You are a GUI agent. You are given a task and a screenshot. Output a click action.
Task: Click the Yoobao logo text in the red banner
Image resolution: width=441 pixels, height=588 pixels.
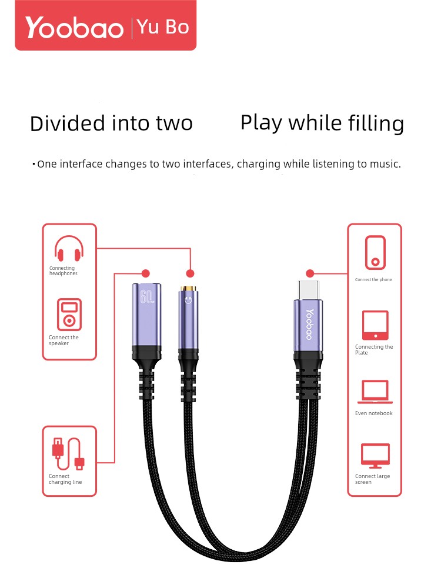(x=74, y=28)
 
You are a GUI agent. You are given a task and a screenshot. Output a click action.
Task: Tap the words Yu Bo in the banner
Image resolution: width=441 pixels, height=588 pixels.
(x=163, y=27)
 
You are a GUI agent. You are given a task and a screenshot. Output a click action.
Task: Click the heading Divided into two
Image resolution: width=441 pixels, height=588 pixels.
(x=111, y=123)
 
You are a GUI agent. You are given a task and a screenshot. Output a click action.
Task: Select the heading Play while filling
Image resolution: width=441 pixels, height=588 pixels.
(x=322, y=123)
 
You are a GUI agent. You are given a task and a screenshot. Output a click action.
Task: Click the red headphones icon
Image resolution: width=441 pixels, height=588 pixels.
(x=69, y=248)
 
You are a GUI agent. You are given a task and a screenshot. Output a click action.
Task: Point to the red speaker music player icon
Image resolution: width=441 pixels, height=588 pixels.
(x=69, y=314)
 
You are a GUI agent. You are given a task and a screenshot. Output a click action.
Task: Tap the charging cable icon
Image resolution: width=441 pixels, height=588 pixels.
(x=68, y=453)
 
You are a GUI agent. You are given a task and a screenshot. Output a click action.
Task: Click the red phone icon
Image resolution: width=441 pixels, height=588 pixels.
(x=375, y=252)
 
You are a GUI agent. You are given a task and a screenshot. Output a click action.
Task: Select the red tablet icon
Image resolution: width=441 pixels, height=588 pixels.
(x=375, y=325)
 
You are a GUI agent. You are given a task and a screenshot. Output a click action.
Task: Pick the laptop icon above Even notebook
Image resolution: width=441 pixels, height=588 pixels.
(x=375, y=392)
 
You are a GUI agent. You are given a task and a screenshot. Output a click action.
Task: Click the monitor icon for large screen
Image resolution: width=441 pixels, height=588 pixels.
(x=375, y=456)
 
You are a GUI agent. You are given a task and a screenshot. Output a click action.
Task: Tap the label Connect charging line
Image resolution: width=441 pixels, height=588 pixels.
(x=65, y=479)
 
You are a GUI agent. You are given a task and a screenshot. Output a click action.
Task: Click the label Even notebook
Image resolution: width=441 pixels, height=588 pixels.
(x=374, y=413)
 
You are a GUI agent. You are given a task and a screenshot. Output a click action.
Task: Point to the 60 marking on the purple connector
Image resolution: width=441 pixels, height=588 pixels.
(x=146, y=296)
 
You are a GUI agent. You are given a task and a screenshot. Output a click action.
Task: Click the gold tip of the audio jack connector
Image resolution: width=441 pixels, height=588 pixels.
(x=188, y=289)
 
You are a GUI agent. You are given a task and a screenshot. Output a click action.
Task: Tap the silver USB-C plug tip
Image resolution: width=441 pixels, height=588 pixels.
(x=309, y=290)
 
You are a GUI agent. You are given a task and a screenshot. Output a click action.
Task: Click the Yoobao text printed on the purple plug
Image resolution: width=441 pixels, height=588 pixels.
(x=309, y=325)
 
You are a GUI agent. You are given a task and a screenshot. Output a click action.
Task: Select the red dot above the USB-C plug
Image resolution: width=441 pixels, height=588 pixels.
(x=310, y=273)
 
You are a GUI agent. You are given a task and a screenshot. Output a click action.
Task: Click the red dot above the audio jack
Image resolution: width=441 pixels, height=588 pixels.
(x=190, y=273)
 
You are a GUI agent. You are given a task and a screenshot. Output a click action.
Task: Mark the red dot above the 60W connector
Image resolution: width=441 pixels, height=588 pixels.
(x=146, y=273)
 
